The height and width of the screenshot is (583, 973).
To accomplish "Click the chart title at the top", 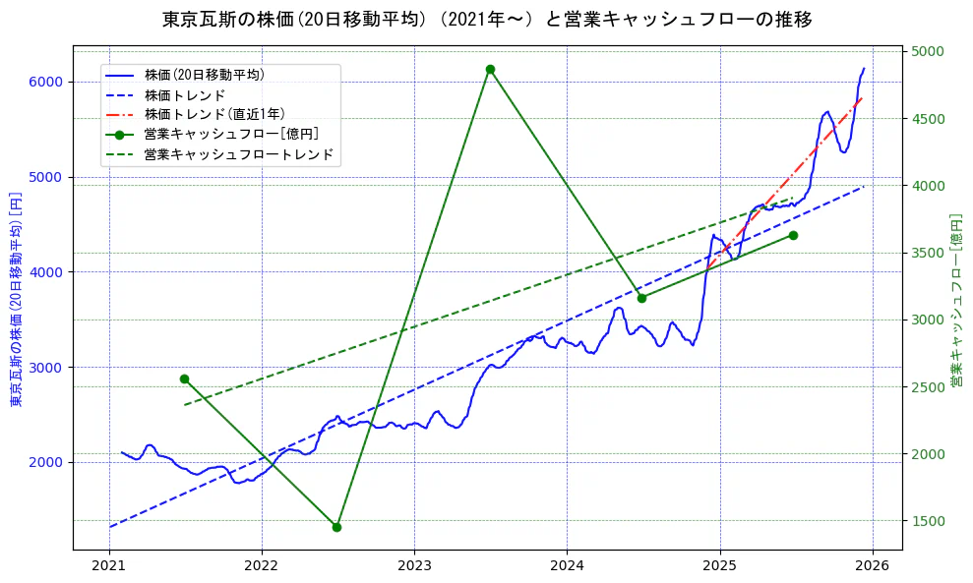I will click(x=486, y=20).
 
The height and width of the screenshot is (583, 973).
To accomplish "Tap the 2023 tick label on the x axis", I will click(x=414, y=565).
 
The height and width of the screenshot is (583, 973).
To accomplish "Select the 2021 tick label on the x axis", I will click(x=109, y=565).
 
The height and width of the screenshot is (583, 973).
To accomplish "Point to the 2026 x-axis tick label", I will click(x=872, y=565).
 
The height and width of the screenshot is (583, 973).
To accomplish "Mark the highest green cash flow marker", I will click(x=490, y=69).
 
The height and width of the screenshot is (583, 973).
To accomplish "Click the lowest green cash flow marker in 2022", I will click(x=336, y=527).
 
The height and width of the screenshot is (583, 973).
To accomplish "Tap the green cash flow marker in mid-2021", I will click(x=184, y=379).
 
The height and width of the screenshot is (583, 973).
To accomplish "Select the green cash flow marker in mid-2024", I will click(x=641, y=298).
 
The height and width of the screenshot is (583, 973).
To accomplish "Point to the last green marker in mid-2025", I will click(x=793, y=235).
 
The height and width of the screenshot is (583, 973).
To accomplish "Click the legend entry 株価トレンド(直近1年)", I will click(x=213, y=114).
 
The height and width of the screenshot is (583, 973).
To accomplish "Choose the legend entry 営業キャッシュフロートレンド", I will click(x=239, y=154).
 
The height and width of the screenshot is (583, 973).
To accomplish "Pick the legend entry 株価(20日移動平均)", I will click(x=204, y=74).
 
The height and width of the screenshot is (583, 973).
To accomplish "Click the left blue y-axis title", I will click(x=15, y=300).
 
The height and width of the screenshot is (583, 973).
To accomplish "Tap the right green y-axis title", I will click(x=955, y=300).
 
